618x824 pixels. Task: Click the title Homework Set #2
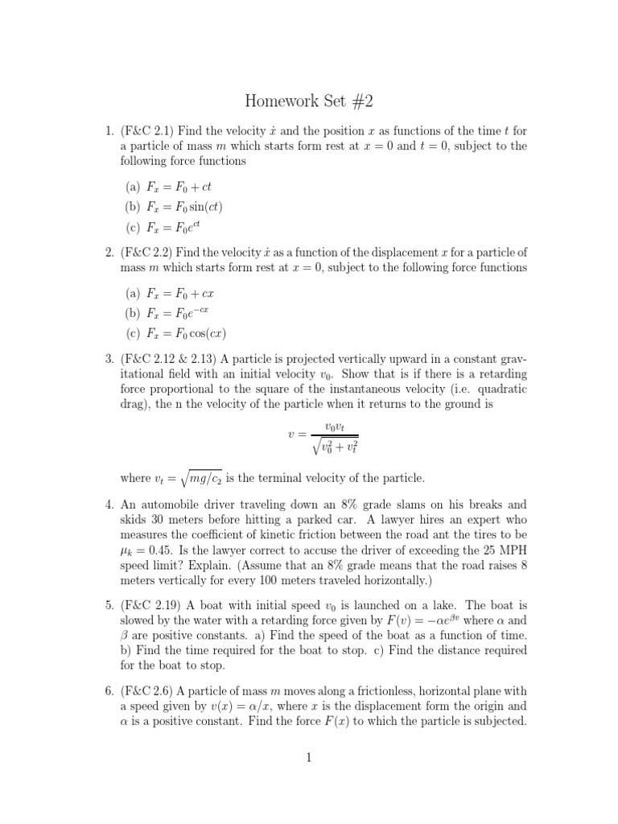click(309, 102)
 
